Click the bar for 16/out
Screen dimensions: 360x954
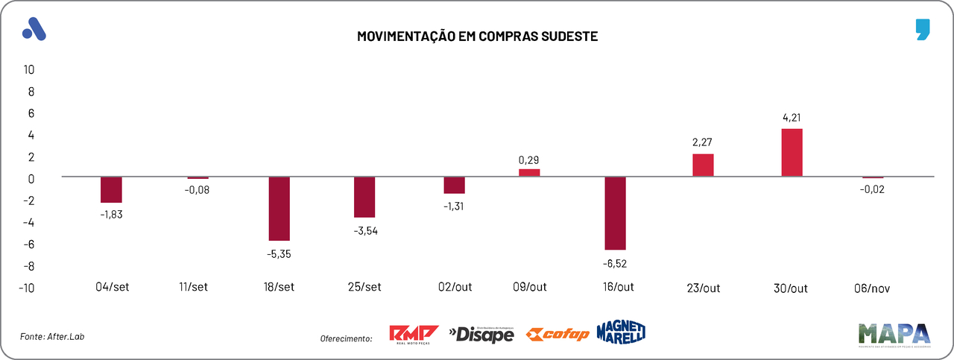click(x=615, y=213)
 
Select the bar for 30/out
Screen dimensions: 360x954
click(x=792, y=153)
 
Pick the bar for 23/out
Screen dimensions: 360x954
click(x=703, y=165)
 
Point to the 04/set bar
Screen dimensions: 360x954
click(x=111, y=190)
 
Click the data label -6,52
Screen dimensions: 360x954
click(x=616, y=262)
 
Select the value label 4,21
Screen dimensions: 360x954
click(x=792, y=117)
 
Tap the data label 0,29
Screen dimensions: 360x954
click(x=528, y=160)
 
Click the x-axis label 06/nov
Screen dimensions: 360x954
click(x=872, y=288)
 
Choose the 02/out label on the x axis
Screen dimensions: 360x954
click(x=455, y=287)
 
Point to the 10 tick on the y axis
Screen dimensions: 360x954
click(x=29, y=69)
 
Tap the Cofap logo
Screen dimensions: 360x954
click(x=557, y=334)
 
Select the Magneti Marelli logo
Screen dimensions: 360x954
click(x=620, y=332)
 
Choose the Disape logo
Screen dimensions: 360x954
click(x=481, y=335)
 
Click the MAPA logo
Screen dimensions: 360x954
click(x=894, y=335)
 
